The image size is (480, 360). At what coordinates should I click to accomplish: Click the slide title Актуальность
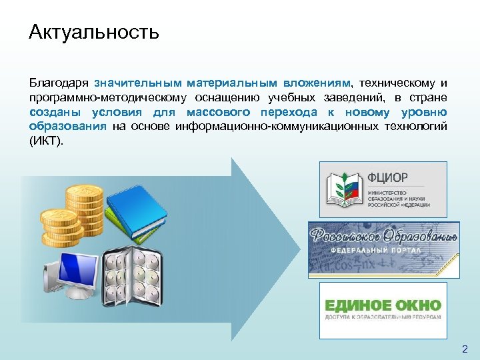(x=94, y=32)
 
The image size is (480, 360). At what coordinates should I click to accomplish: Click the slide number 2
(x=465, y=349)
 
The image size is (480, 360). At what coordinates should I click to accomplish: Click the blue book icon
(x=137, y=204)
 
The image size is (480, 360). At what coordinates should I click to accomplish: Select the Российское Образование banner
(x=383, y=249)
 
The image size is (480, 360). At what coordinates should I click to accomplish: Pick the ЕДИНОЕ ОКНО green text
(x=383, y=305)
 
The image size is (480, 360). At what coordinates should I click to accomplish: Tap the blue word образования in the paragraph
(x=67, y=126)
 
